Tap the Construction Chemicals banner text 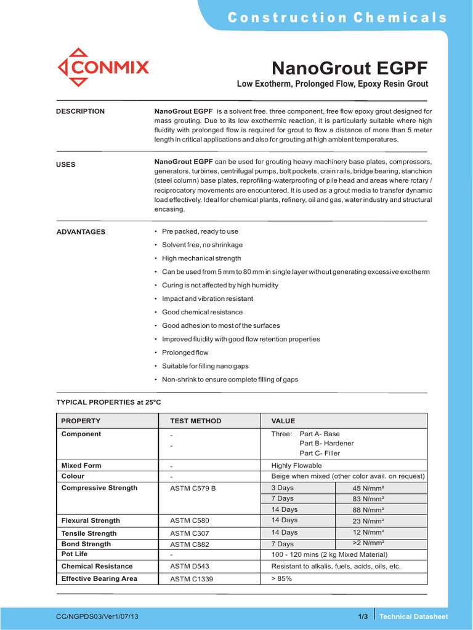[x=338, y=17]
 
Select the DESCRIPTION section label [x=81, y=111]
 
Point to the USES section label [x=66, y=165]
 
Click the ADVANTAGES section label [x=81, y=232]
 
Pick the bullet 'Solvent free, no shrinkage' [x=202, y=245]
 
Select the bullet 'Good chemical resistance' [x=202, y=312]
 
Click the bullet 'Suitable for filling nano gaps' [x=206, y=366]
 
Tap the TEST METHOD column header [x=195, y=421]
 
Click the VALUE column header [x=283, y=421]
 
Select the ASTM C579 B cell [x=193, y=488]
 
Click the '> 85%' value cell [x=281, y=579]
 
